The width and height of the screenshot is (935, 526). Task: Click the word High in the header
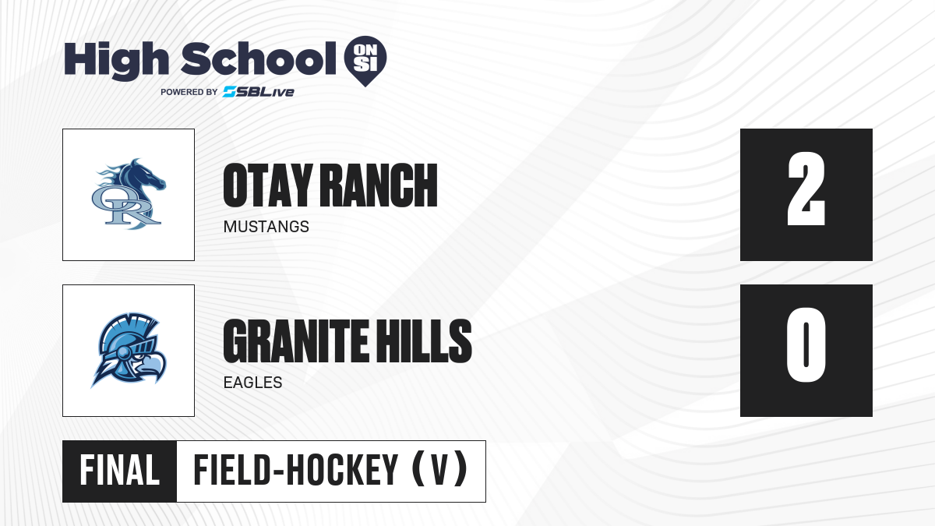pyautogui.click(x=116, y=60)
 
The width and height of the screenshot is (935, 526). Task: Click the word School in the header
pyautogui.click(x=259, y=58)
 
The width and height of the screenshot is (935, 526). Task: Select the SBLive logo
pyautogui.click(x=259, y=92)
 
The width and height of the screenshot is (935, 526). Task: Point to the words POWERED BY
pyautogui.click(x=189, y=92)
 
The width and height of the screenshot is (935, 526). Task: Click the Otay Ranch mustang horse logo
pyautogui.click(x=129, y=194)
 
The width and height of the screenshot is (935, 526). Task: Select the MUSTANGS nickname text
pyautogui.click(x=266, y=227)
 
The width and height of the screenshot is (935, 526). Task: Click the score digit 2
pyautogui.click(x=806, y=189)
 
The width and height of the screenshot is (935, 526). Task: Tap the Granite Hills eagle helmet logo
pyautogui.click(x=129, y=350)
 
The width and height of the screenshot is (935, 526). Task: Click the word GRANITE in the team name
pyautogui.click(x=295, y=341)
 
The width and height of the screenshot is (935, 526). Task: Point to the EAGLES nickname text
pyautogui.click(x=253, y=383)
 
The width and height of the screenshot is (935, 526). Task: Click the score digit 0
pyautogui.click(x=806, y=345)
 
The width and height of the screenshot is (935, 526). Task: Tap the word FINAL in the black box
pyautogui.click(x=120, y=471)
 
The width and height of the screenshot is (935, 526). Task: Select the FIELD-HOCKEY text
pyautogui.click(x=295, y=471)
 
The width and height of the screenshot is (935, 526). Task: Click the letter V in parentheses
pyautogui.click(x=439, y=471)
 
